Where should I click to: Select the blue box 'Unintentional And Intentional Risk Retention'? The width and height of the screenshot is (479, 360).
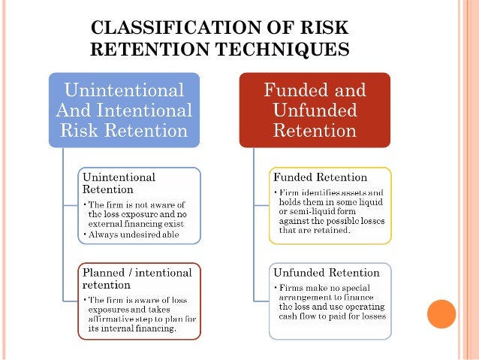tap(125, 110)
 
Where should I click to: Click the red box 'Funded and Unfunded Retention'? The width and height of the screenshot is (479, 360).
tap(315, 110)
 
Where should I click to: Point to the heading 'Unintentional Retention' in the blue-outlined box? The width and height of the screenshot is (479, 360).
tap(119, 183)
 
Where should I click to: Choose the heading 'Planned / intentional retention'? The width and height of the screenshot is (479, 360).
tap(137, 279)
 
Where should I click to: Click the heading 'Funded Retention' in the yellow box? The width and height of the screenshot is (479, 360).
tap(320, 177)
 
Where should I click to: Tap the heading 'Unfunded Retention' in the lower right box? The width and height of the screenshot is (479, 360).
tap(327, 271)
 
